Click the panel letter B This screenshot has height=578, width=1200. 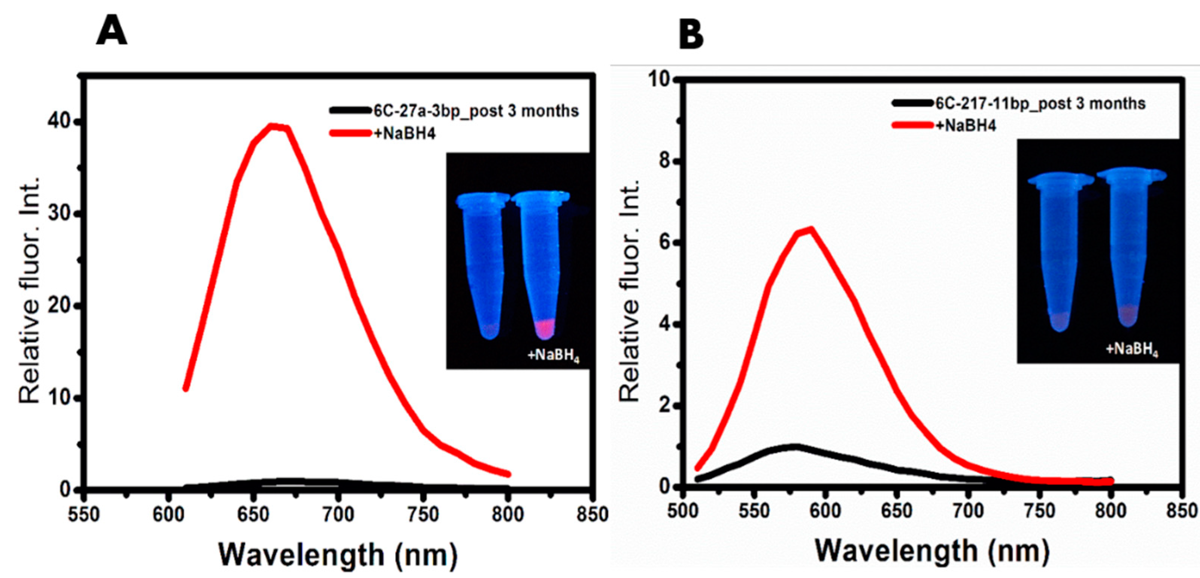coord(691,35)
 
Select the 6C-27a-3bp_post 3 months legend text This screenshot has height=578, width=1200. coord(476,111)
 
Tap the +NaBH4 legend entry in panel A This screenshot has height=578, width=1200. coord(405,134)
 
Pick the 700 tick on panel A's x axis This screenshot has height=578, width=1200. coord(339,515)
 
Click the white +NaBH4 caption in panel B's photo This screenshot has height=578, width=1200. coord(1132,349)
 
